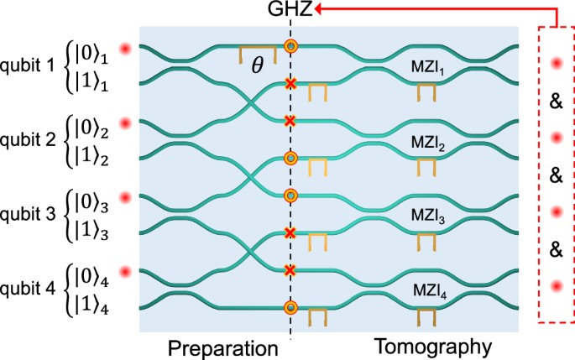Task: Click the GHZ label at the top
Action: pos(290,10)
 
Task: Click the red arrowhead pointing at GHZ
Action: pos(321,10)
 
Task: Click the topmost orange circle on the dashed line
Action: pos(290,46)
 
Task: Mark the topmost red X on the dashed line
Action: pos(290,84)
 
